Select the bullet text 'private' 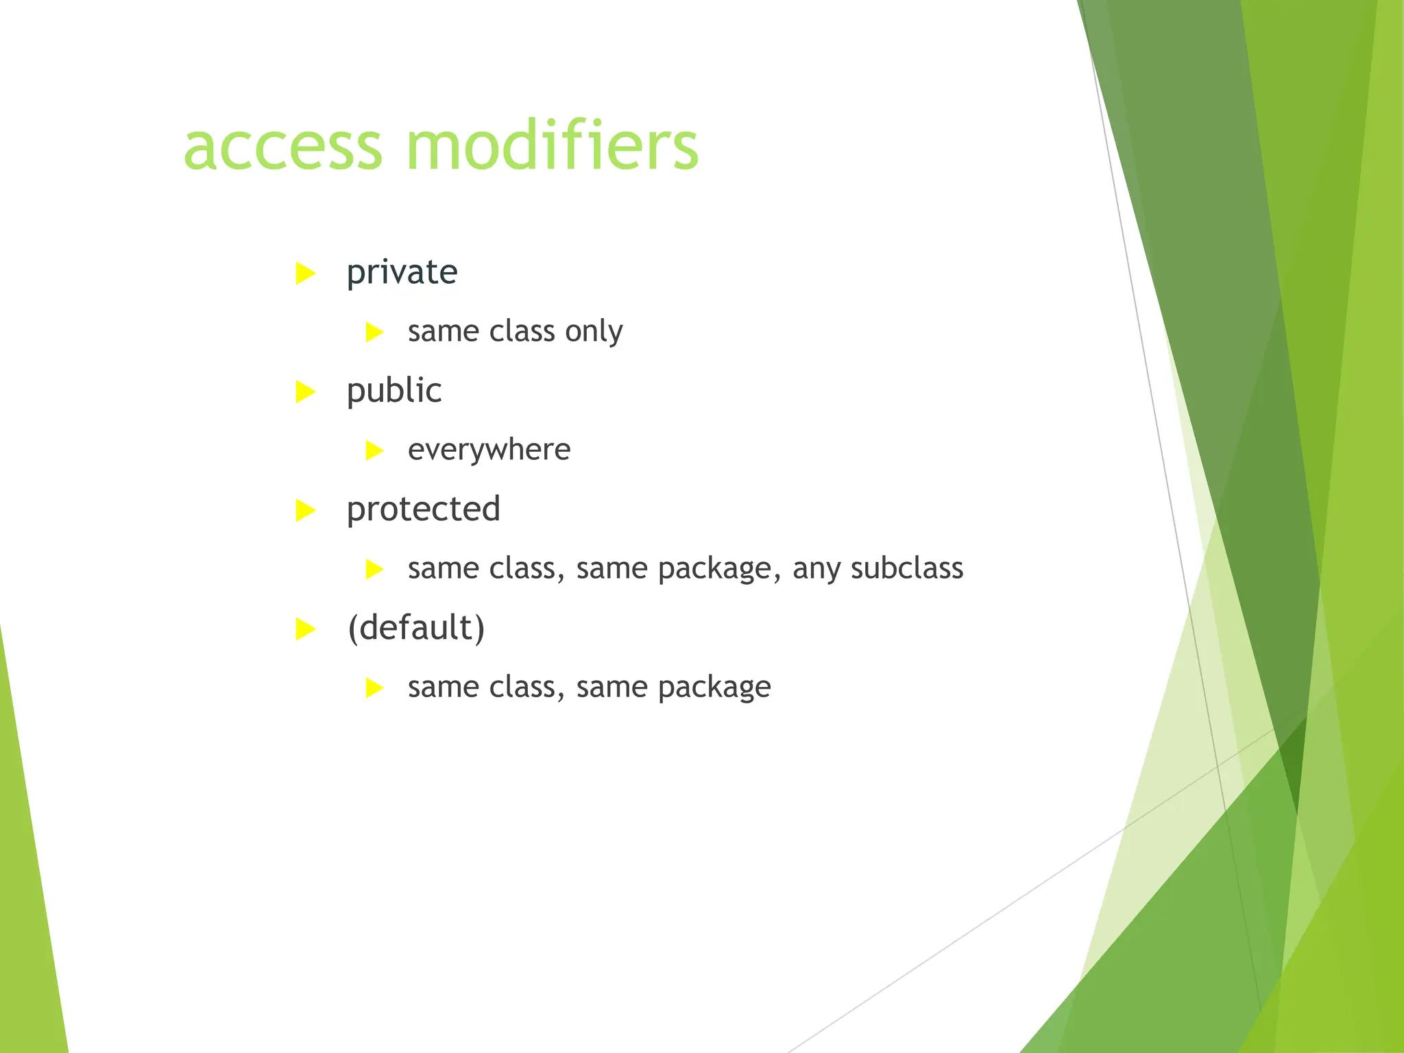pyautogui.click(x=402, y=272)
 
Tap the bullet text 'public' pyautogui.click(x=394, y=391)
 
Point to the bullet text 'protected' pyautogui.click(x=423, y=509)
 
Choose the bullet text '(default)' pyautogui.click(x=416, y=628)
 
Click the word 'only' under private pyautogui.click(x=594, y=332)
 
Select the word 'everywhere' pyautogui.click(x=489, y=450)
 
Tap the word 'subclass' pyautogui.click(x=906, y=568)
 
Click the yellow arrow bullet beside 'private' pyautogui.click(x=305, y=274)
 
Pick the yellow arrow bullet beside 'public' pyautogui.click(x=305, y=392)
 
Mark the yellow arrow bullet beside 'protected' pyautogui.click(x=305, y=511)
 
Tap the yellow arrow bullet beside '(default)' pyautogui.click(x=305, y=629)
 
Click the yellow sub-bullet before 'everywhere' pyautogui.click(x=374, y=450)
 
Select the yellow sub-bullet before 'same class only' pyautogui.click(x=374, y=332)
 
